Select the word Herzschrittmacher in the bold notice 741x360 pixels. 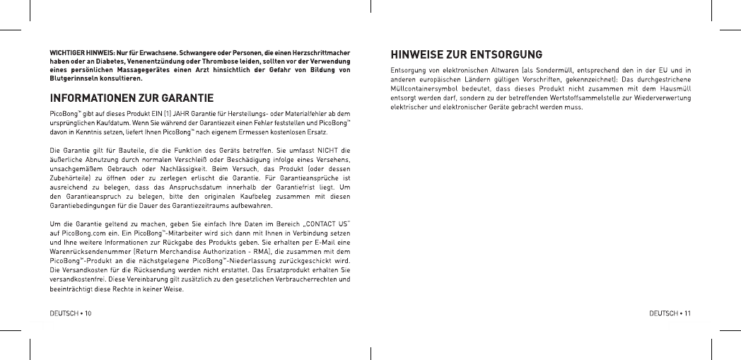click(319, 53)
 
